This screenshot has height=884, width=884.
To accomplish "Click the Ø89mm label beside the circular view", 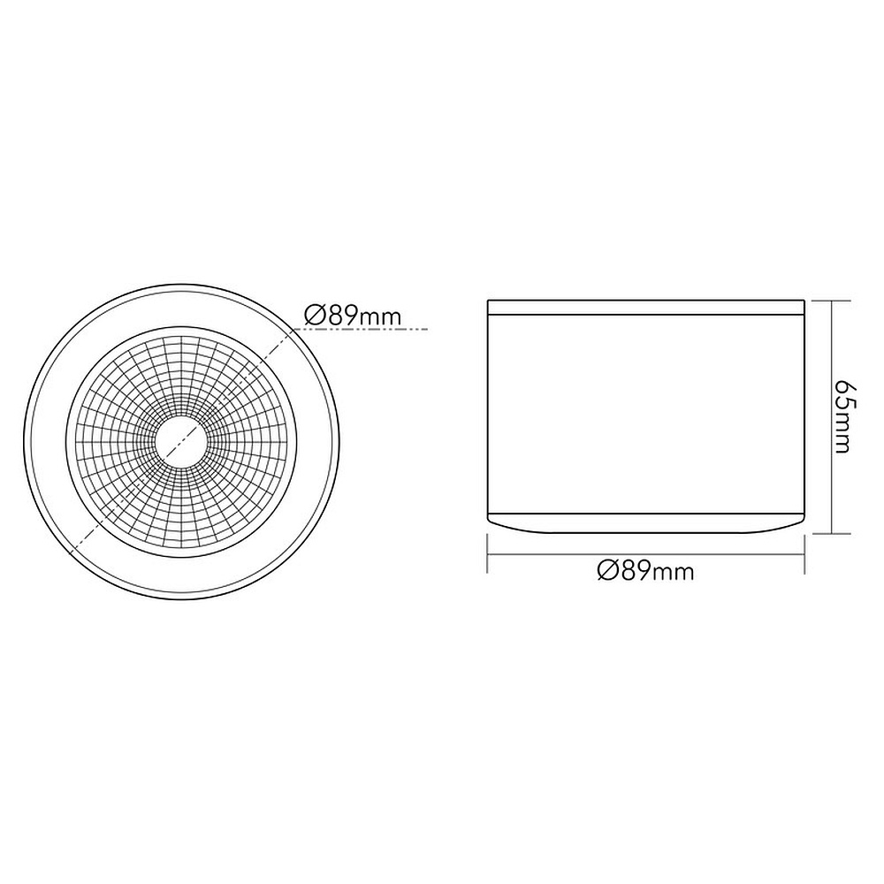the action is point(354,316).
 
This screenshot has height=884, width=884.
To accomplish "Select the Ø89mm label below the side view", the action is point(645,571).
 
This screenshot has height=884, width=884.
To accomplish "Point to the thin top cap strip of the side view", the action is point(645,308).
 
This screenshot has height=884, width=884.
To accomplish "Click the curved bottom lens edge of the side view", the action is point(645,525).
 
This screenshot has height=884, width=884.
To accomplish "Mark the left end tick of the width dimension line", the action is point(487,555).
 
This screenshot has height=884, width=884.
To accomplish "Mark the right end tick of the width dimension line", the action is point(804,555).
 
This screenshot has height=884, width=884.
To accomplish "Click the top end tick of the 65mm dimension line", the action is point(832,301).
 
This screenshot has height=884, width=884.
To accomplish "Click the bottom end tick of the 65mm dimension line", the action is point(832,533).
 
